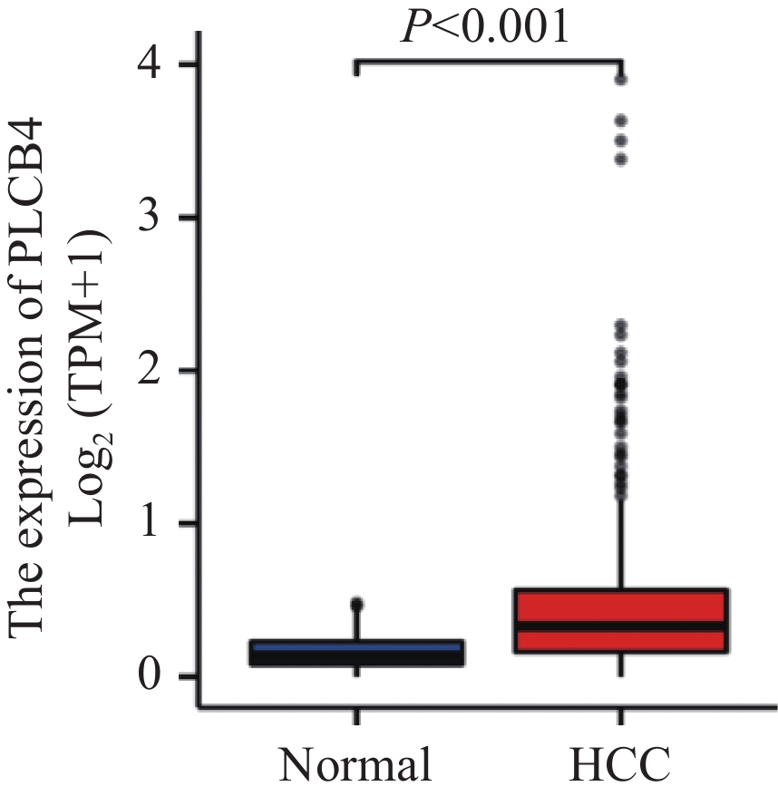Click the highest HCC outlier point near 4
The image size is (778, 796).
[x=621, y=80]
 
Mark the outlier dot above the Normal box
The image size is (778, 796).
[x=357, y=604]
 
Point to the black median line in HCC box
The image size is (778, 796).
[x=621, y=626]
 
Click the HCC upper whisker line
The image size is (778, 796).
[x=621, y=544]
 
